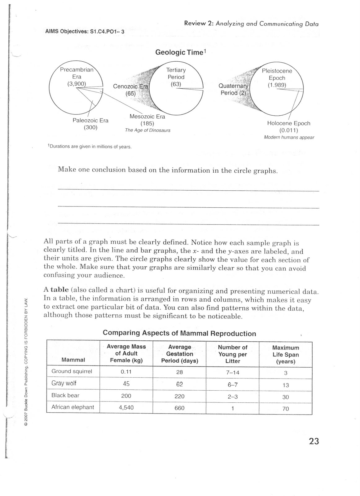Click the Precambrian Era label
[x=77, y=73]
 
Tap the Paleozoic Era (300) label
[x=90, y=124]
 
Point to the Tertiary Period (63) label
[x=176, y=77]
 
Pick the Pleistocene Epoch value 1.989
[x=277, y=85]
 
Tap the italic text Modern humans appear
[x=289, y=137]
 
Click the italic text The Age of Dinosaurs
[x=147, y=131]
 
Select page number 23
[x=314, y=441]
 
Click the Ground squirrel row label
[x=72, y=371]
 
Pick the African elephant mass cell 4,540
[x=126, y=407]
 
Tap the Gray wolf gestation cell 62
[x=179, y=384]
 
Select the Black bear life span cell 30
[x=285, y=397]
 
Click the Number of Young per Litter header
[x=232, y=354]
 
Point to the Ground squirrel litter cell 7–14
[x=233, y=372]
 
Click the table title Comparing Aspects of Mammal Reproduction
[x=179, y=333]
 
